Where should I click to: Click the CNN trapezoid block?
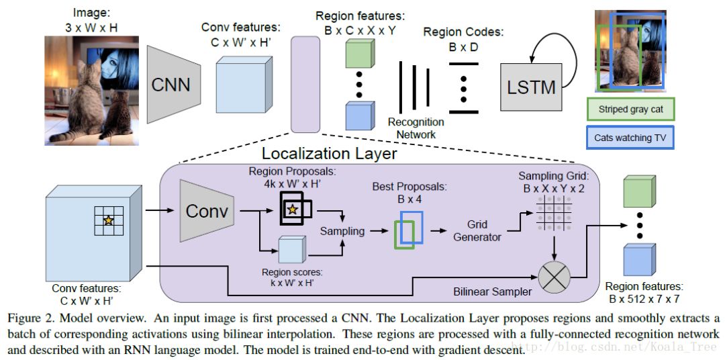click(x=174, y=84)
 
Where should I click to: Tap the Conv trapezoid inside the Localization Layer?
click(x=207, y=211)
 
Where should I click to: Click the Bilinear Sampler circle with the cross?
click(x=554, y=277)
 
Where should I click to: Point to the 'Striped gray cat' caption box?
click(x=630, y=109)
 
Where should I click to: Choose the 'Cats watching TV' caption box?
click(x=630, y=138)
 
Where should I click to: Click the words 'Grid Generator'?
click(x=477, y=231)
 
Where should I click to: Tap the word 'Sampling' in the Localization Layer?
click(x=342, y=230)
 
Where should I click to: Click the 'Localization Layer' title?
click(x=329, y=153)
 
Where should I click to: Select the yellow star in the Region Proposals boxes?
click(x=292, y=210)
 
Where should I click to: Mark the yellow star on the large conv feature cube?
click(x=108, y=220)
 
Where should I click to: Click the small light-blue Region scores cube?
click(x=291, y=249)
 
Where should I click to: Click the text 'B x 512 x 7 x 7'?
click(x=644, y=299)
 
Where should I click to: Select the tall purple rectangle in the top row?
click(x=305, y=85)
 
